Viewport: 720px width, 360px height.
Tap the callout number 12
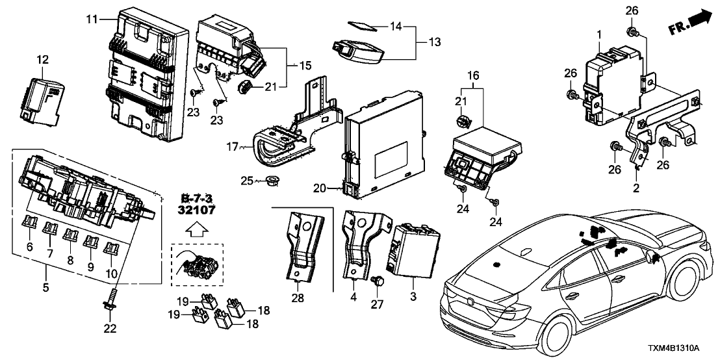click(42, 60)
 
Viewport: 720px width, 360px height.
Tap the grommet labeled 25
click(272, 181)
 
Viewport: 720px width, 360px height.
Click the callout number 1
click(599, 32)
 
